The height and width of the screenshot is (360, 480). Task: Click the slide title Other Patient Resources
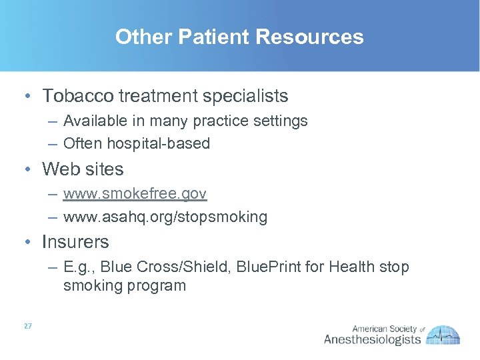coord(239,36)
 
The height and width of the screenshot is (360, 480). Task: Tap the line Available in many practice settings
coord(185,121)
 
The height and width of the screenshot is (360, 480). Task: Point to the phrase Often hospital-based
coord(137,143)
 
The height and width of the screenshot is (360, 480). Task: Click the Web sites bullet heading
coord(83,169)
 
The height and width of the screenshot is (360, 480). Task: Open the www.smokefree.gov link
coord(135,194)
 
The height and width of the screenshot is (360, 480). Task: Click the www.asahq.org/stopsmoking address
coord(165,217)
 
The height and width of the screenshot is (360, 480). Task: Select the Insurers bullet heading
coord(75,241)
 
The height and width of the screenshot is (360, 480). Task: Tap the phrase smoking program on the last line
coord(125,286)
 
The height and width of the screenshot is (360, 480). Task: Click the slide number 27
coord(27,326)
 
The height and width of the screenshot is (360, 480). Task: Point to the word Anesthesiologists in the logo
coord(372,339)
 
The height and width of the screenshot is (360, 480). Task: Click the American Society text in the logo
coord(383,329)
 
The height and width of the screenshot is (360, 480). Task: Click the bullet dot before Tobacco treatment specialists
coord(25,97)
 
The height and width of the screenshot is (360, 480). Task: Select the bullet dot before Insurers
coord(25,242)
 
